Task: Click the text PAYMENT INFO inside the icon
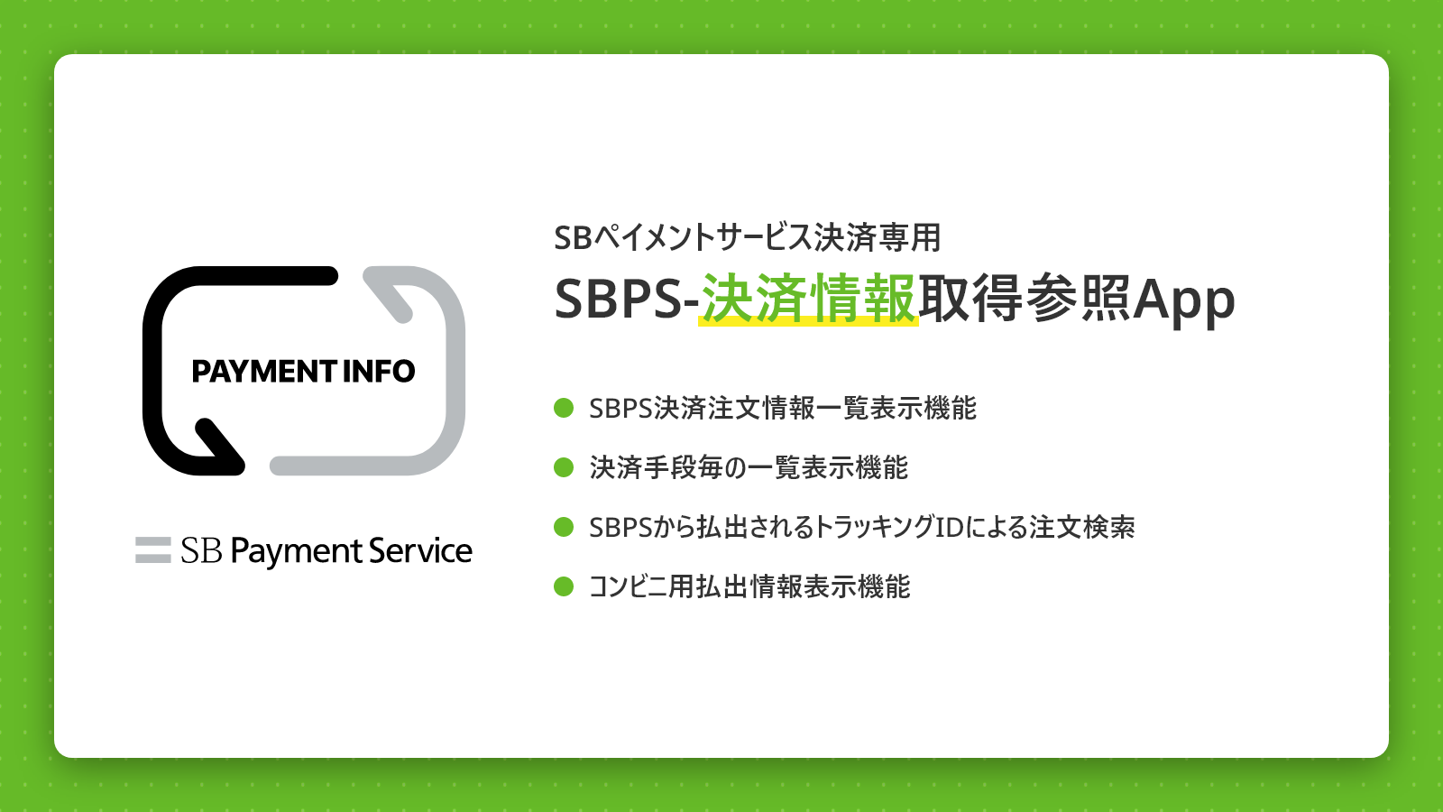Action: click(303, 371)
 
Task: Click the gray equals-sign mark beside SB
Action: click(153, 550)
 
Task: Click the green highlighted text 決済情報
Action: click(808, 299)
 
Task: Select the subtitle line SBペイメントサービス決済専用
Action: click(748, 237)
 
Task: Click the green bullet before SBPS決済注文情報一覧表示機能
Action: click(564, 408)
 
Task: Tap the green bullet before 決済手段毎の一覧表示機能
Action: click(564, 467)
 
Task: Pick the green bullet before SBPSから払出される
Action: click(564, 527)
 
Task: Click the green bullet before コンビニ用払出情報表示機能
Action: click(564, 586)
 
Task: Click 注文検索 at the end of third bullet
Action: click(1082, 527)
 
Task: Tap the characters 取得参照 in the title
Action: click(1025, 299)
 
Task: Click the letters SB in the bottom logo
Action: click(202, 550)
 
